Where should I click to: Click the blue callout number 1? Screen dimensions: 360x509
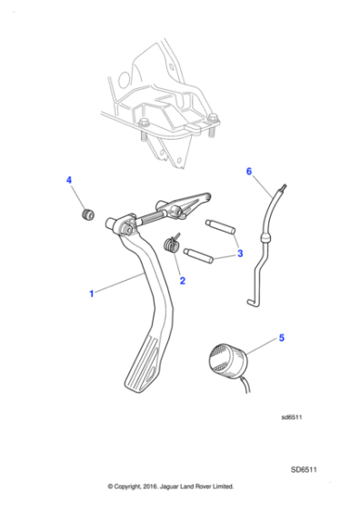[91, 294]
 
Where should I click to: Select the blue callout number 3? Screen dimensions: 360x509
[240, 254]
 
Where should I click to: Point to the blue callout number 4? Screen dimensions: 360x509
[69, 182]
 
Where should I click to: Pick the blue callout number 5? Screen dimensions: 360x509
[281, 338]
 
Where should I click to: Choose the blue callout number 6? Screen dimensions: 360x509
[248, 170]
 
